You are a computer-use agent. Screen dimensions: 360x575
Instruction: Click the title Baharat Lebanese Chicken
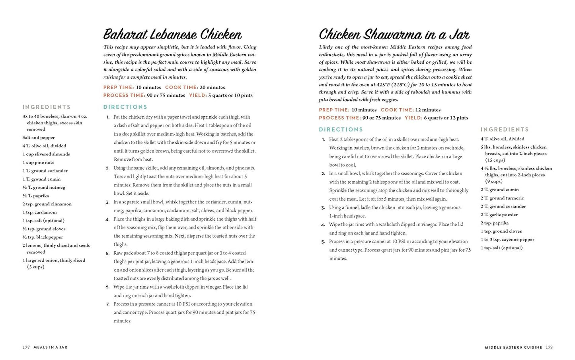172,34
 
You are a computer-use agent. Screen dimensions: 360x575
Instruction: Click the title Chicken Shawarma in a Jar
394,34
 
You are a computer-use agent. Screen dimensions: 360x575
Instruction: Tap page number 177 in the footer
26,347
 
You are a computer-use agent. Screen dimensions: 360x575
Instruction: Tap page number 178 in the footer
549,347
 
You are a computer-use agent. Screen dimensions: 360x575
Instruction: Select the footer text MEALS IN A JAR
50,347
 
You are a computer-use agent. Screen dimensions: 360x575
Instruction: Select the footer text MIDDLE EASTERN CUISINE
513,347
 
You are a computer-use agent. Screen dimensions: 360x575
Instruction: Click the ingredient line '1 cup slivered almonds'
46,154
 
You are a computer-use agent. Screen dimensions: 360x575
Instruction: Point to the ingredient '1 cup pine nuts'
38,162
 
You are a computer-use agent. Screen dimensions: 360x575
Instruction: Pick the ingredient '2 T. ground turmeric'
502,198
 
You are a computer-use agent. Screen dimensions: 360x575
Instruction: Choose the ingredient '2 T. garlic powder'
499,215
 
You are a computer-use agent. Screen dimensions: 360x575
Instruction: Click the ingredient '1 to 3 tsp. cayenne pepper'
507,239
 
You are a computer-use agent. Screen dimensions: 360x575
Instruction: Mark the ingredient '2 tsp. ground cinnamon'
47,204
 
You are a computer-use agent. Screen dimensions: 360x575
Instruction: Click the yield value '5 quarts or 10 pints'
230,95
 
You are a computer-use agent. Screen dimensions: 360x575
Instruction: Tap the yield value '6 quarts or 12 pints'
446,118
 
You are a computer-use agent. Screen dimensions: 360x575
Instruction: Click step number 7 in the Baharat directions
107,304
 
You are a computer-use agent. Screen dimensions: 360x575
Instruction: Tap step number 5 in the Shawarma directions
323,242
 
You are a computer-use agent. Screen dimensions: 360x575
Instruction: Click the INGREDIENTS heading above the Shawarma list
505,129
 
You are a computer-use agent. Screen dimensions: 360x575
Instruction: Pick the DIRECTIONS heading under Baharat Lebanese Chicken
125,107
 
